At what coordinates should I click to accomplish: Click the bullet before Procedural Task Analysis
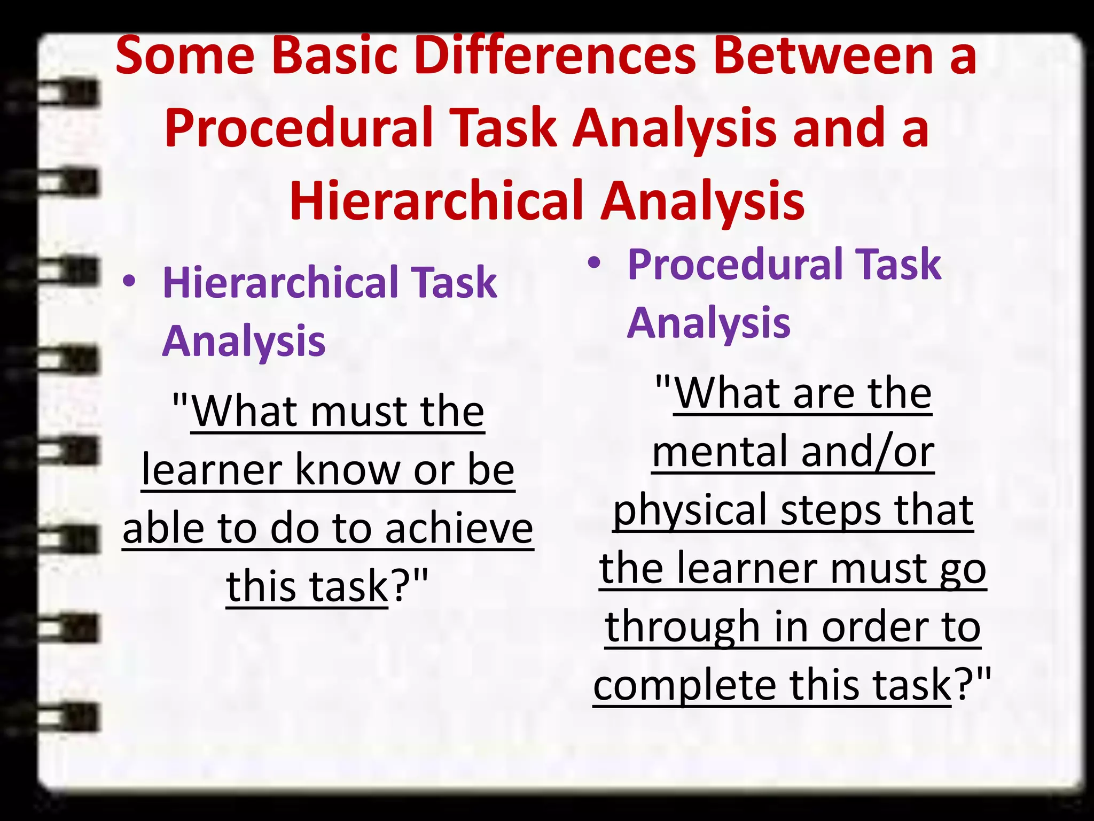[594, 263]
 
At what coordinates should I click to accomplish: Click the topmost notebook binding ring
[69, 94]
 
